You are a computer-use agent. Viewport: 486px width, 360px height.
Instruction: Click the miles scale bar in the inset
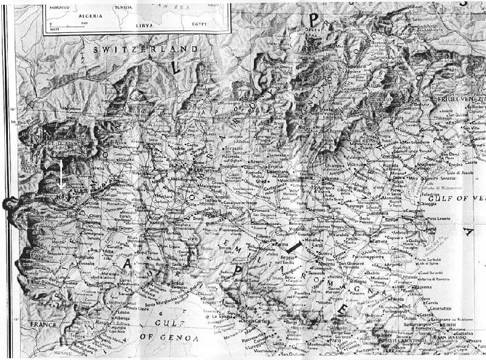pos(67,24)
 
